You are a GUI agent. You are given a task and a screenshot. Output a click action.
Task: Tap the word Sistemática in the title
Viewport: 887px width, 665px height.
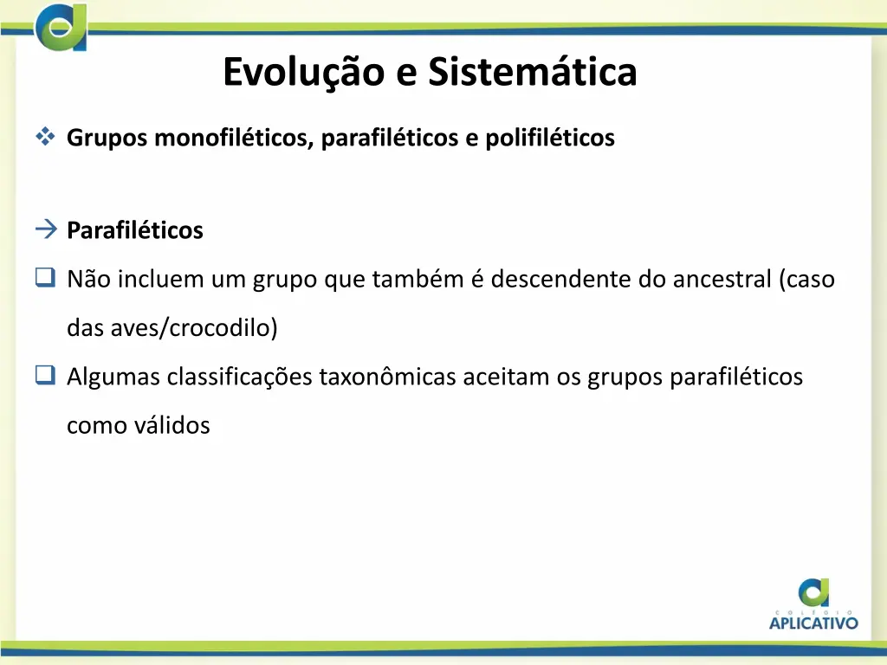pyautogui.click(x=532, y=72)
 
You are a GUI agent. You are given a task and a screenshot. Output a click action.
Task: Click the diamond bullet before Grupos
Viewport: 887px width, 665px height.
pyautogui.click(x=45, y=137)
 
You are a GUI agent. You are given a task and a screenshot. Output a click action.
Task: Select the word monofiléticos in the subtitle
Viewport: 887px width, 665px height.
pyautogui.click(x=233, y=138)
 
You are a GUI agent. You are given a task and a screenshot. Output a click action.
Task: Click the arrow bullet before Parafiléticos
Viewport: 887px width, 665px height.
pyautogui.click(x=46, y=229)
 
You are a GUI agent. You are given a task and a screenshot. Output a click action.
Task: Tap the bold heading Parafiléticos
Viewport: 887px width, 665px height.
pyautogui.click(x=135, y=230)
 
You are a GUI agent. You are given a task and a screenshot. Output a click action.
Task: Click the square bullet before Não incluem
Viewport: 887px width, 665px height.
pyautogui.click(x=44, y=278)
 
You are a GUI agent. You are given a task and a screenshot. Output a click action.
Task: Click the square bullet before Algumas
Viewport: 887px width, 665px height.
pyautogui.click(x=44, y=376)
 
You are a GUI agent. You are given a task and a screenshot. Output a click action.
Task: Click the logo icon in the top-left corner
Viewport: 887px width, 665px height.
pyautogui.click(x=61, y=26)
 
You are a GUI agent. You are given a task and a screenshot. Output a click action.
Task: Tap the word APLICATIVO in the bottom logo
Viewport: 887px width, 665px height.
pyautogui.click(x=813, y=621)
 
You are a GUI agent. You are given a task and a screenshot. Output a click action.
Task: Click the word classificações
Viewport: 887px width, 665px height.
pyautogui.click(x=240, y=377)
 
